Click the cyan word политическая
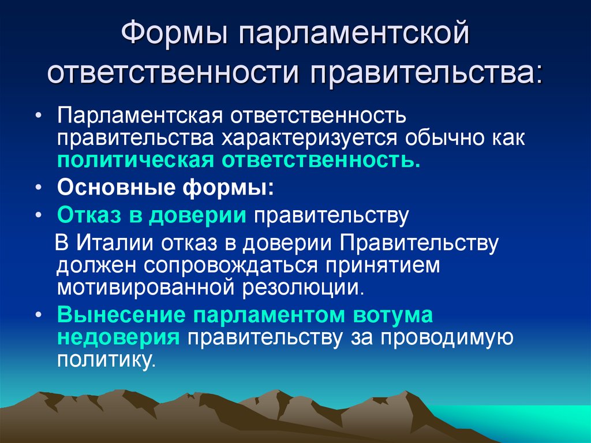coord(133,160)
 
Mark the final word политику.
coord(107,360)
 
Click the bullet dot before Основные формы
coord(38,189)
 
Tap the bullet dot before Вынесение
coord(38,316)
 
